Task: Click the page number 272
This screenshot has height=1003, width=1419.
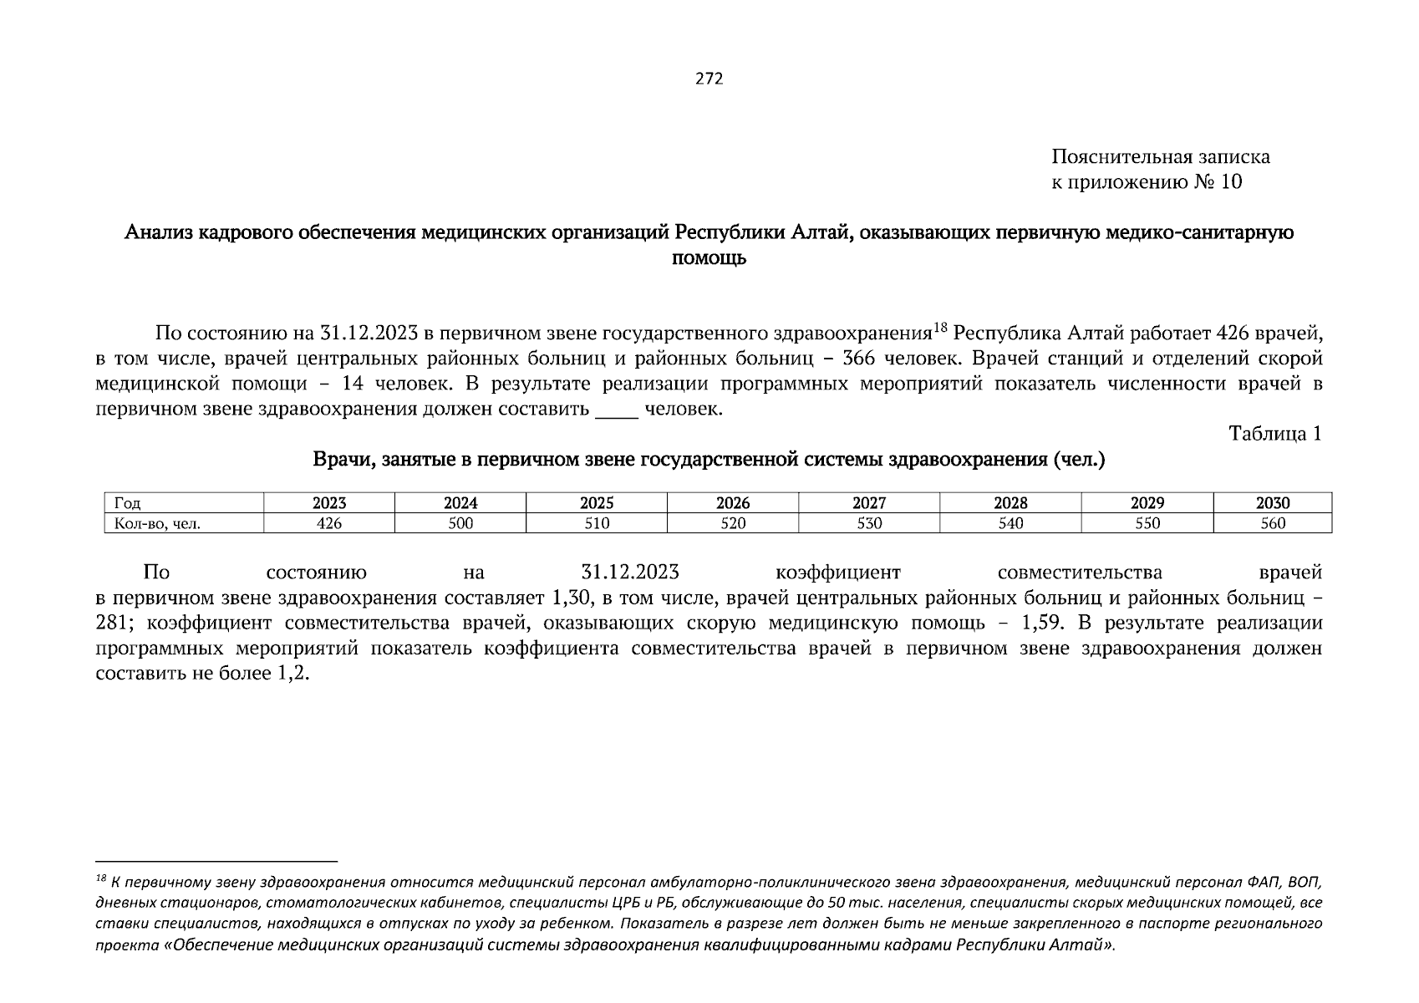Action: (709, 79)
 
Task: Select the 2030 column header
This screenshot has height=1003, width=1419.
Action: (1272, 503)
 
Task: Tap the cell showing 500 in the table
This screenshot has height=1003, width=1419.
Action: (460, 523)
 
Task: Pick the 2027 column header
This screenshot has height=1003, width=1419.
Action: (868, 503)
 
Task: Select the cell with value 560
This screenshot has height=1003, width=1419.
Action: (1272, 523)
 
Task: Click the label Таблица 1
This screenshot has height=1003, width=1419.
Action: (1274, 434)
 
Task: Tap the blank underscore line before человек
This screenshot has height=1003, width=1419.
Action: (616, 410)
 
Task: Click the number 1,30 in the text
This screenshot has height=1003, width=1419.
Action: (572, 598)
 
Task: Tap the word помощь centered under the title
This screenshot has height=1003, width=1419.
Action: (709, 259)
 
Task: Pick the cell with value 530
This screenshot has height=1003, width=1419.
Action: (868, 523)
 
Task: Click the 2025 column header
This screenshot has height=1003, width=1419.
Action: (596, 503)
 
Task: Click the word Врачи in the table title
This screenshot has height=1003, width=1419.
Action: (338, 460)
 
